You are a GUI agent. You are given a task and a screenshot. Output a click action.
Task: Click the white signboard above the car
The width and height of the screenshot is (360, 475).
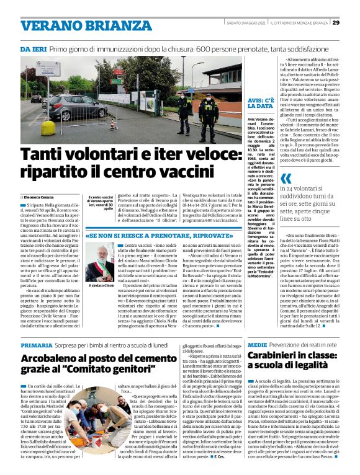pos(47,69)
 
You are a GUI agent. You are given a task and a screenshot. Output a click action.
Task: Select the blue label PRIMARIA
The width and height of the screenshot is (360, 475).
pos(36,344)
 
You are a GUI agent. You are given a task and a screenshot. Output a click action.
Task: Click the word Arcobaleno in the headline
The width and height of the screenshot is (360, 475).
pos(56,358)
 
